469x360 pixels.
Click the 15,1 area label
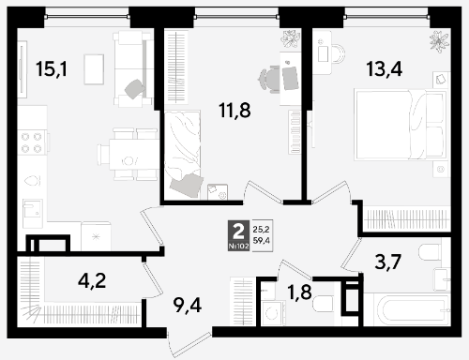[x=52, y=69]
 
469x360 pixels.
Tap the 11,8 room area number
[x=234, y=111]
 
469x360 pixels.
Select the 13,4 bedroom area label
[x=385, y=69]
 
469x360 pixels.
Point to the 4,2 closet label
[x=92, y=280]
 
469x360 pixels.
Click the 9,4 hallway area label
[x=188, y=306]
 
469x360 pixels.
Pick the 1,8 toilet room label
[x=299, y=292]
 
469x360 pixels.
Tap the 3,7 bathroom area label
[x=388, y=262]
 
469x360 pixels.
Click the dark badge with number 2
[x=239, y=235]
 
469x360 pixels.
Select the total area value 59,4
[x=261, y=240]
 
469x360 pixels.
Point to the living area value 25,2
[x=261, y=230]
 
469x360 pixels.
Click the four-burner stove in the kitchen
[x=32, y=142]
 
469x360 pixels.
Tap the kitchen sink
[x=33, y=214]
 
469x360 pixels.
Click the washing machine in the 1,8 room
[x=273, y=313]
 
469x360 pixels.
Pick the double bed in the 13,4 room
[x=401, y=125]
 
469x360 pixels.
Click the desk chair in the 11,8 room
[x=268, y=79]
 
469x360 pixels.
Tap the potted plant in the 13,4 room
[x=440, y=41]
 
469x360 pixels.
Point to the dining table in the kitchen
[x=133, y=155]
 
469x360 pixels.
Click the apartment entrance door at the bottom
[x=190, y=344]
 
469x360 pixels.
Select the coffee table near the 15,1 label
[x=94, y=69]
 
